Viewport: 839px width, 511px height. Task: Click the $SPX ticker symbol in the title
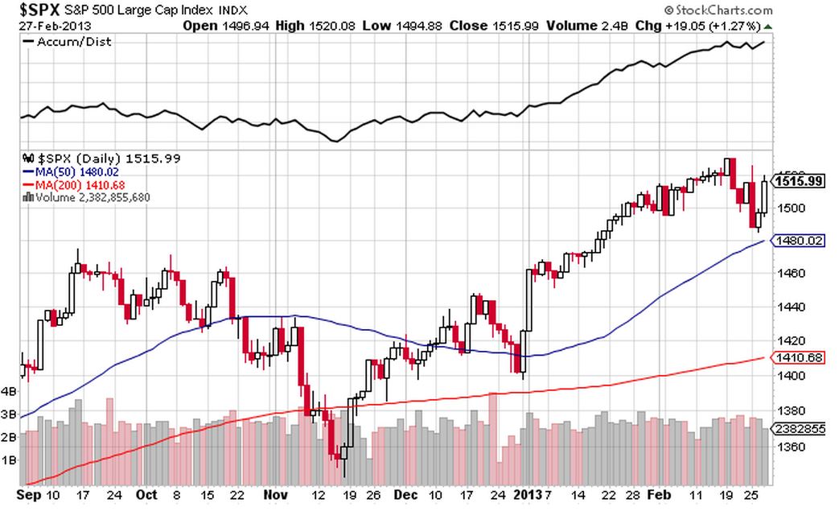40,10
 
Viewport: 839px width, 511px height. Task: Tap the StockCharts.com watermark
718,10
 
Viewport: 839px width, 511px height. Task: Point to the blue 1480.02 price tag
798,240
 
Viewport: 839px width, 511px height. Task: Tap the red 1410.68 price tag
798,357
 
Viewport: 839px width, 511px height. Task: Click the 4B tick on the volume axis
10,392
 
